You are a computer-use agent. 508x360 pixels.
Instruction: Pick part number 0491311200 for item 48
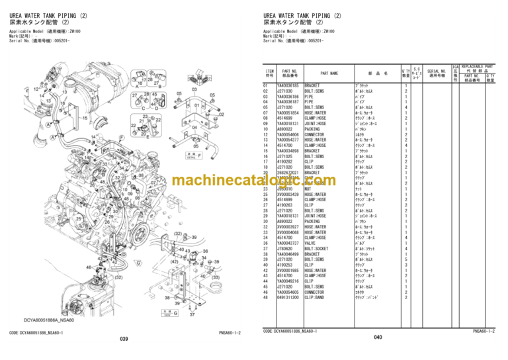coord(292,297)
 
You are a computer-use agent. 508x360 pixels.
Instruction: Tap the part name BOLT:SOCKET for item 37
coord(316,248)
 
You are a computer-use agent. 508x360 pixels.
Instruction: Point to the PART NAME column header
coord(329,73)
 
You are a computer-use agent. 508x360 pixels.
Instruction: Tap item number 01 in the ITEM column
coord(266,85)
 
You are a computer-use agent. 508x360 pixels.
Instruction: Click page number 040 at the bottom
coord(378,338)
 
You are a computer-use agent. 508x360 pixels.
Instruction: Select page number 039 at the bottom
coord(124,338)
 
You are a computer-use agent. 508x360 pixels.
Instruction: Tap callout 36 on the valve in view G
coord(206,251)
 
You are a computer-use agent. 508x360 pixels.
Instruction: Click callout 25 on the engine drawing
coord(79,217)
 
